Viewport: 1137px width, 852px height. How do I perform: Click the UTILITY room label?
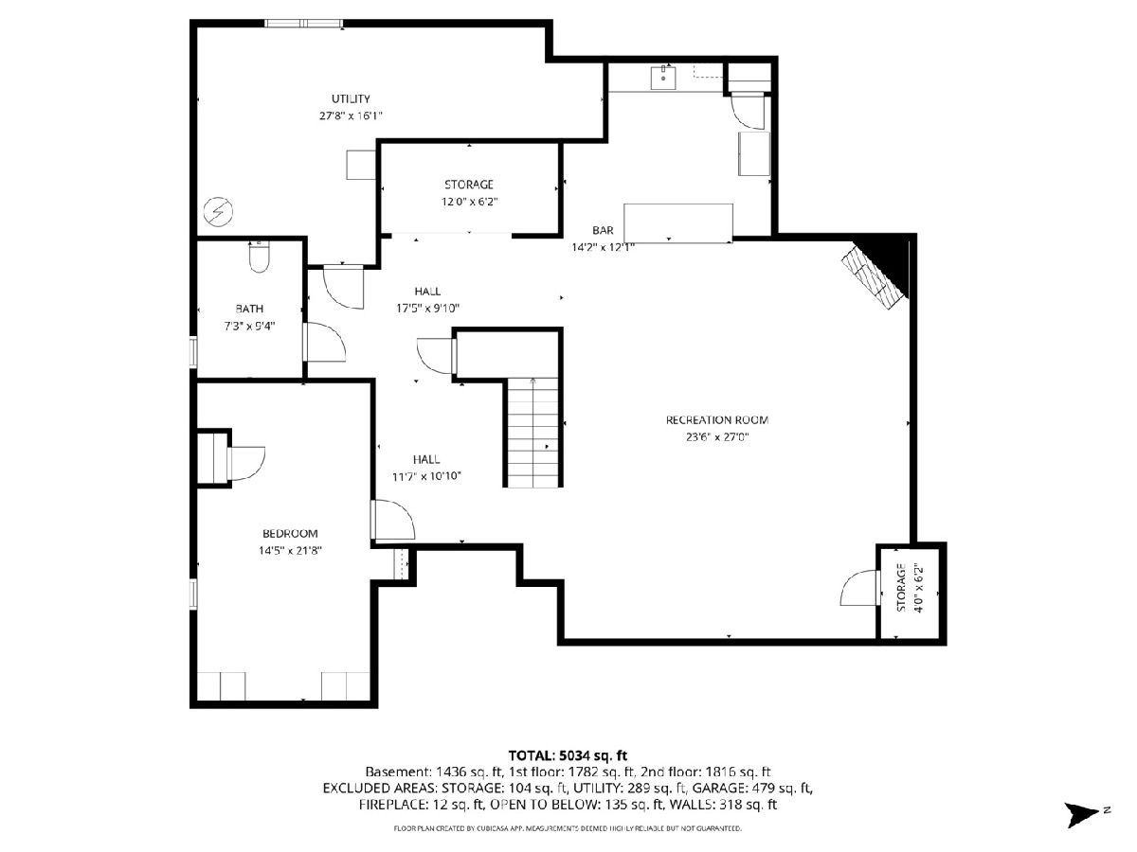(351, 98)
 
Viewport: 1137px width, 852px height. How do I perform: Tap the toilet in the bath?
(259, 257)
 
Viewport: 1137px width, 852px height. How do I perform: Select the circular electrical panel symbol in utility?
(218, 211)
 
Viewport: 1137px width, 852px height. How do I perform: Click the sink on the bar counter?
(663, 78)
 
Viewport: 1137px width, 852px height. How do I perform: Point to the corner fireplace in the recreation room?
(880, 272)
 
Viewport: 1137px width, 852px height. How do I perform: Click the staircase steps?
(533, 432)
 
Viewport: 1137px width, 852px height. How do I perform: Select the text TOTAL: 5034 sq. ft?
(568, 755)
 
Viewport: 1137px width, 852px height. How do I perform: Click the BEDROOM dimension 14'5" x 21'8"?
(290, 550)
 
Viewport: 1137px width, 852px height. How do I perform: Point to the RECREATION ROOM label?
(717, 420)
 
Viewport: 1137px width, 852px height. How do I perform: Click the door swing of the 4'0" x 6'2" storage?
(858, 588)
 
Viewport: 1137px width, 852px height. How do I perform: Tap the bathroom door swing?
(325, 342)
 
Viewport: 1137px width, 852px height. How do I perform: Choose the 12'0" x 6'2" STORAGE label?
(469, 192)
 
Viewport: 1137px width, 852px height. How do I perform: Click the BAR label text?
(603, 230)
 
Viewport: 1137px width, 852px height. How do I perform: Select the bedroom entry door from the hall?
(393, 520)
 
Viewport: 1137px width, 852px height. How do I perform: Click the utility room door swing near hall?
(343, 287)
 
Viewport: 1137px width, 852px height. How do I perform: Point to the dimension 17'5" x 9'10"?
(428, 309)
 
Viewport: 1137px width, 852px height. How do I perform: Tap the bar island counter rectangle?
(678, 223)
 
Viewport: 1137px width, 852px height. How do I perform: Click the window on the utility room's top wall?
(304, 24)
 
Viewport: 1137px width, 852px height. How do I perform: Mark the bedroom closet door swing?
(246, 464)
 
